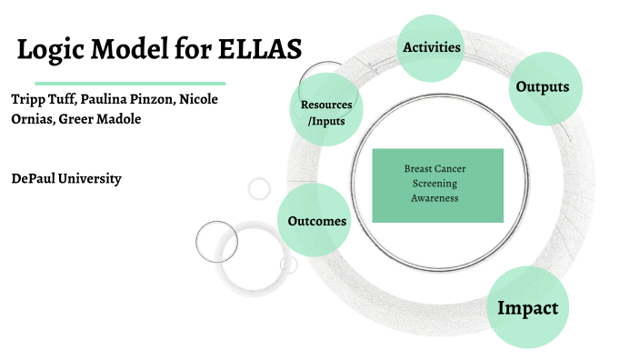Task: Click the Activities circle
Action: point(431,47)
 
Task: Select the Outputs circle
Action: point(542,87)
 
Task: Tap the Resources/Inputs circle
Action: point(327,112)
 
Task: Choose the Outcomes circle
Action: point(315,221)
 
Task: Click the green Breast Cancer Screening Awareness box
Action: point(437,185)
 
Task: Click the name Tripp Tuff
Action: point(41,98)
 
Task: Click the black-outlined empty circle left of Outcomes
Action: point(217,241)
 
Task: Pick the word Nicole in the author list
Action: point(198,98)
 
